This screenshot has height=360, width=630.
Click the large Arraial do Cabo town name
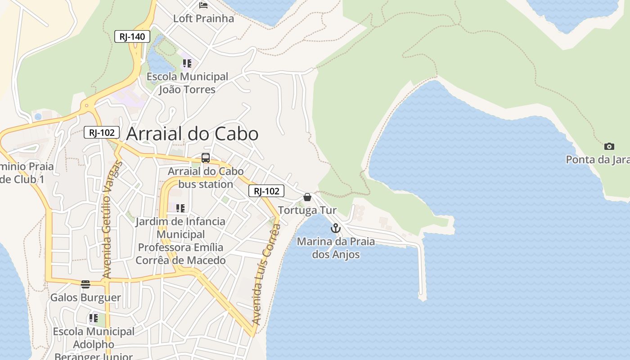coord(192,134)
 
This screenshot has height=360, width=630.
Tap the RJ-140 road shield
coord(132,36)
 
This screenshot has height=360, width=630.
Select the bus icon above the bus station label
coord(206,158)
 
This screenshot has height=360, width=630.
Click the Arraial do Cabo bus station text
coord(206,178)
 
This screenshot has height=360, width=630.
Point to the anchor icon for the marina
coord(335,228)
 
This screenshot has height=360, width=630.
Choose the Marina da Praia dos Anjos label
coord(336,248)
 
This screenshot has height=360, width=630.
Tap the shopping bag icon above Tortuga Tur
coord(307,197)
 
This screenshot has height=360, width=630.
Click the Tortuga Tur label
coord(307,210)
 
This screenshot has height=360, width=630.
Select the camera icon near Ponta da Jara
coord(609,146)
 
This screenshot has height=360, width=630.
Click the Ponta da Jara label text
coord(597,160)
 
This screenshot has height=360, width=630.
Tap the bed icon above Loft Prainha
coord(203,5)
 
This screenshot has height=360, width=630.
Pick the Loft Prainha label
coord(203,18)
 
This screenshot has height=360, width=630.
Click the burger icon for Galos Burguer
coord(85,284)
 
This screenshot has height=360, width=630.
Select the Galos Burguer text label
coord(85,297)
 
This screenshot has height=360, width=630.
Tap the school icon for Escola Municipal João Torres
coord(187,63)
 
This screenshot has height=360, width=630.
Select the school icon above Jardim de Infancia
coord(180,208)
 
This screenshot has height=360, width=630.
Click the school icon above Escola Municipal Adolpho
coord(94,318)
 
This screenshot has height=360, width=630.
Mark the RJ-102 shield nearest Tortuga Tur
coord(266,191)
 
